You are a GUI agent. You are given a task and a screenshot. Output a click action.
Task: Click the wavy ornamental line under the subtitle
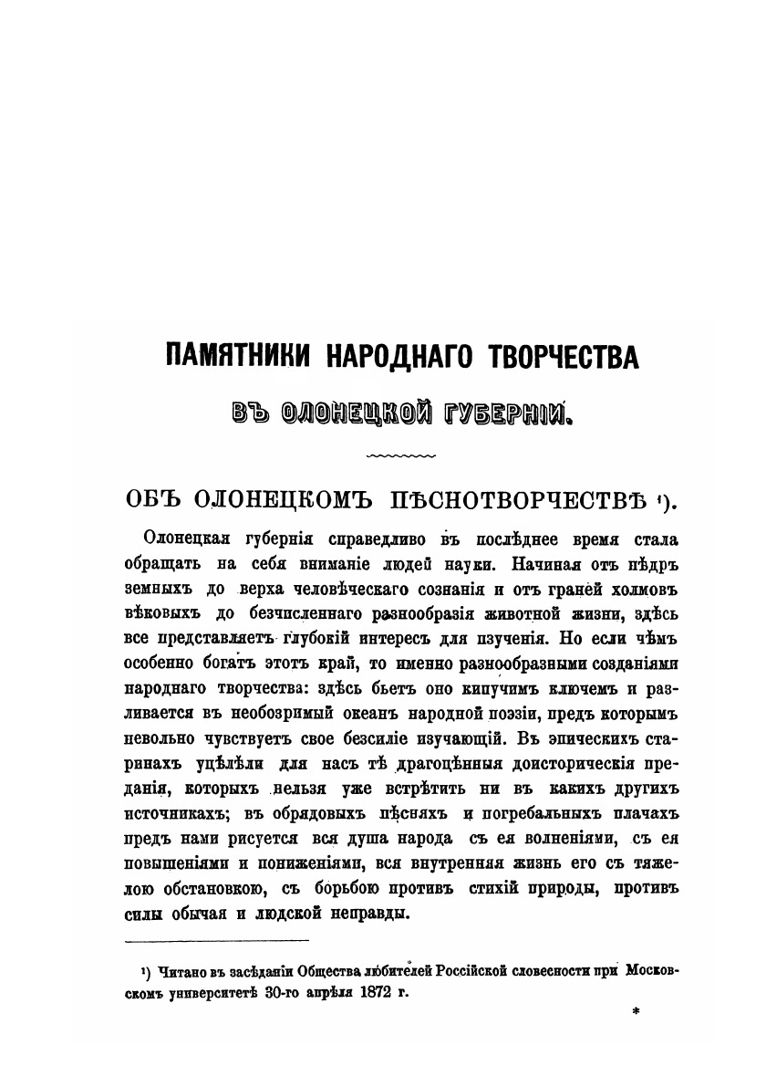coord(400,455)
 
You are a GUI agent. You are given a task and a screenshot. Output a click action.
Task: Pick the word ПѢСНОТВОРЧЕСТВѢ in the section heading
coord(521,499)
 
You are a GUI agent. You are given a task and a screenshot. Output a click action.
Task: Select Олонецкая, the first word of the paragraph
coord(188,538)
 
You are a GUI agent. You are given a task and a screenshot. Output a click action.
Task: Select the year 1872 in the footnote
coord(380,989)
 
